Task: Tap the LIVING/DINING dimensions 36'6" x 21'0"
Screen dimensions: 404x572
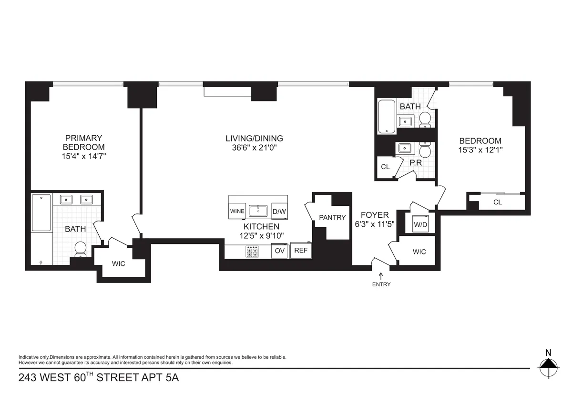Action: [x=254, y=148]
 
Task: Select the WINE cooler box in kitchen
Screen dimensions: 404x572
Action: [x=237, y=211]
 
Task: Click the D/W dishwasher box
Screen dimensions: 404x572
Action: [x=279, y=211]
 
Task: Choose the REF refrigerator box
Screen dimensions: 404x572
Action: [x=300, y=251]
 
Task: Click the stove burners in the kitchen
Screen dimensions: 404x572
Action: [x=252, y=251]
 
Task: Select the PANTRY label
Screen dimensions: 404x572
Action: [x=332, y=217]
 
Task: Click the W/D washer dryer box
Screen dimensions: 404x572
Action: [x=420, y=223]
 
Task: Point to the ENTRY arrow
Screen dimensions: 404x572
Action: [x=381, y=275]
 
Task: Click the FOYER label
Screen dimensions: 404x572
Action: [x=374, y=215]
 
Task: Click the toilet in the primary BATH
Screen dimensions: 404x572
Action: [x=81, y=248]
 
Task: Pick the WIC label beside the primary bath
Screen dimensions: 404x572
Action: [x=118, y=263]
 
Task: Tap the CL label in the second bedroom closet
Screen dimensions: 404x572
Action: [x=497, y=202]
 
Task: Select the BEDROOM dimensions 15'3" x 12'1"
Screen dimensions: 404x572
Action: [x=480, y=149]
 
